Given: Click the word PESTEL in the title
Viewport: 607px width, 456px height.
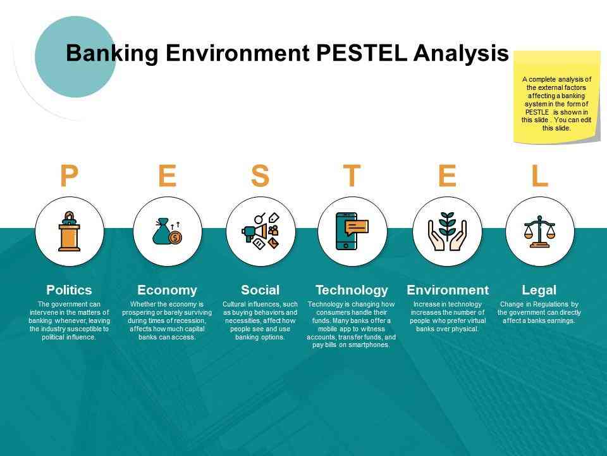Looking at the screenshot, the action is click(362, 53).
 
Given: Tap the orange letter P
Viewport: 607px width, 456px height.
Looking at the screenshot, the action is click(69, 175).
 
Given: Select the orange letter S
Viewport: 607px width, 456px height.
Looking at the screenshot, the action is click(260, 175).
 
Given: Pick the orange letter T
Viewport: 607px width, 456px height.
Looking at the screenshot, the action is click(352, 175).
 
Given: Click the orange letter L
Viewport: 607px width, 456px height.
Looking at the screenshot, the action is click(539, 175).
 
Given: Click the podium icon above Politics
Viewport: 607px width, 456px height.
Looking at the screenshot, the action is click(70, 231).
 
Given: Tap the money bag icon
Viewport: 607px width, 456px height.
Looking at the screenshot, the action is click(167, 231).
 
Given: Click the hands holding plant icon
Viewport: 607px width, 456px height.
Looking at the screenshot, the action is click(447, 231).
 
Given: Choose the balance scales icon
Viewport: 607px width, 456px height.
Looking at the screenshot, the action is click(539, 232).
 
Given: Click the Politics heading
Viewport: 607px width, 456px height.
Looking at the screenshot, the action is click(69, 290).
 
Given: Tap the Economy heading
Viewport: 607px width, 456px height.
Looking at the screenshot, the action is click(167, 291).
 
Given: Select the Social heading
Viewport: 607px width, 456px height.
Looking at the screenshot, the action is click(260, 290).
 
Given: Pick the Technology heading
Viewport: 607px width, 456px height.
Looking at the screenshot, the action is click(352, 291).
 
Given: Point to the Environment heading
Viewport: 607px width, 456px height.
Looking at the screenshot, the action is click(448, 290).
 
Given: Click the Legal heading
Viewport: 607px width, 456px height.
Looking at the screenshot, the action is click(539, 291).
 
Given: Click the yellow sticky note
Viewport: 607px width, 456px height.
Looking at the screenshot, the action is click(556, 97).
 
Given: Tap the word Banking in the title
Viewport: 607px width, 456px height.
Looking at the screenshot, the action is click(112, 53).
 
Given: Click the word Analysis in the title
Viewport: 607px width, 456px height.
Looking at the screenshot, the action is click(461, 53).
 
